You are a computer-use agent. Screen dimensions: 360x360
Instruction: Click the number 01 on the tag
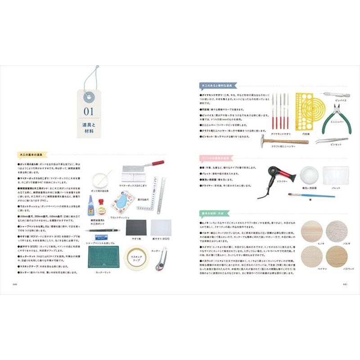click(88, 110)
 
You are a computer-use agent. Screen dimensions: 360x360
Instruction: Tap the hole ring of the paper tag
click(89, 95)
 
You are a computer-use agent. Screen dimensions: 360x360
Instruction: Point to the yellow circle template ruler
click(310, 111)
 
